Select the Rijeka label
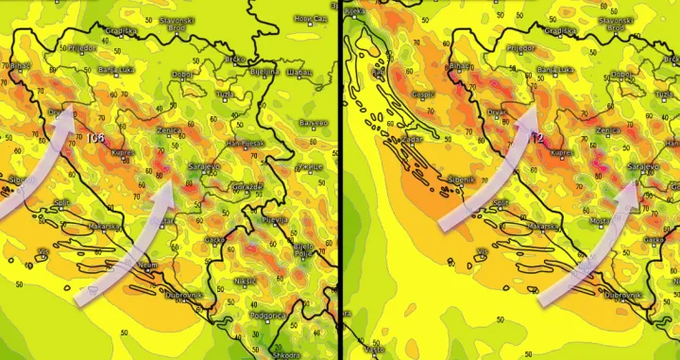click(355, 11)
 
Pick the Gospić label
click(424, 94)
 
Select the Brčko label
click(235, 59)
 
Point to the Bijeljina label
click(265, 71)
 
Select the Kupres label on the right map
click(560, 151)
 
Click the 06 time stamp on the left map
click(95, 139)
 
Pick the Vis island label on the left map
click(43, 251)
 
